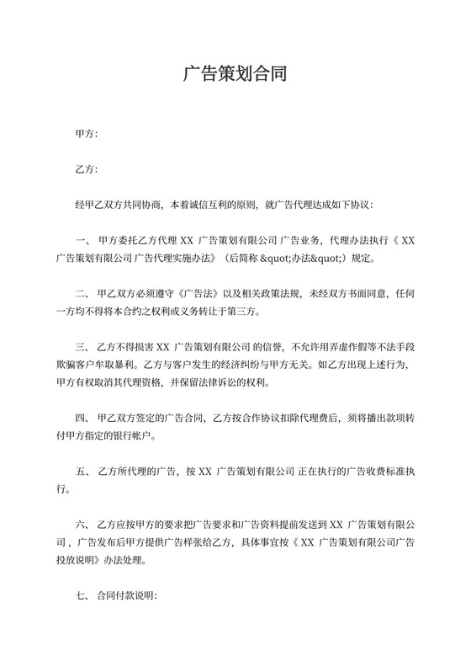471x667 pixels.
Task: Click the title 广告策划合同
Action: (235, 74)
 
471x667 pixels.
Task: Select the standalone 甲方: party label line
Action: (87, 134)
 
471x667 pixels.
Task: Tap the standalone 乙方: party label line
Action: (87, 169)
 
